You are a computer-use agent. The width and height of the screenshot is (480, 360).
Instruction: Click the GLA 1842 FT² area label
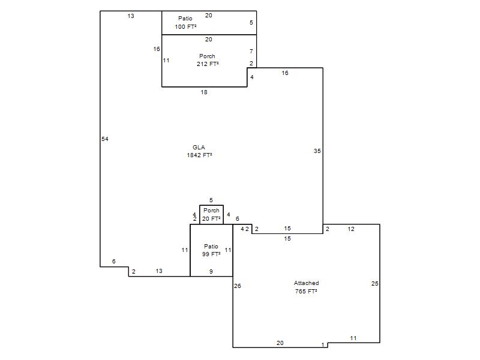[199, 151]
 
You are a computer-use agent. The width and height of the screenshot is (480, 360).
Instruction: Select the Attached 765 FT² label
[306, 287]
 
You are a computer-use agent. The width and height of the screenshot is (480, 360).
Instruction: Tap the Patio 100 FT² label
[185, 23]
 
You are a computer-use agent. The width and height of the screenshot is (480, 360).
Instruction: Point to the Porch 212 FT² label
[208, 60]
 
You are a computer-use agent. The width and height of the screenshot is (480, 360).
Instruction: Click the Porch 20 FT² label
[211, 215]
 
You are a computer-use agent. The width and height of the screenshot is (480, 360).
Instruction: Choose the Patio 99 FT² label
[211, 250]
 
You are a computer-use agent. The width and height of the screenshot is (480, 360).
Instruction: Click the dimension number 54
[105, 139]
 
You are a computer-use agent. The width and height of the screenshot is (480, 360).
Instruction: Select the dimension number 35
[317, 151]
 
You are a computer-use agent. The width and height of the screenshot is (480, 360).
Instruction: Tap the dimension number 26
[238, 286]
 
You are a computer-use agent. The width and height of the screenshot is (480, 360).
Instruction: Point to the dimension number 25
[374, 283]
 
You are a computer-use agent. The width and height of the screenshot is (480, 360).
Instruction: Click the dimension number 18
[204, 92]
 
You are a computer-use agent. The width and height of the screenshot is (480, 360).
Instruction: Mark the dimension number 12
[351, 229]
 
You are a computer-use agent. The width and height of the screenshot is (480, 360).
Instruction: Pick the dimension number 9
[211, 272]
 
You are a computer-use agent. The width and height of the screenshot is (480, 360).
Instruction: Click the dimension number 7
[251, 52]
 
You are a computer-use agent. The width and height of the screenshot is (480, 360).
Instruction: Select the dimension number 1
[323, 345]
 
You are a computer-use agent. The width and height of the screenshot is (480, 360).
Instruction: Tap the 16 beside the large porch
[157, 49]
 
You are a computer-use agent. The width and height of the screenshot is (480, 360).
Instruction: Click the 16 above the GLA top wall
[285, 73]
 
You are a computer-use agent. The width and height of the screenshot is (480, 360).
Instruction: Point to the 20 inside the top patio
[208, 16]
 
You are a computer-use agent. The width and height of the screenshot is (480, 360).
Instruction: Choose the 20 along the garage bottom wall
[280, 343]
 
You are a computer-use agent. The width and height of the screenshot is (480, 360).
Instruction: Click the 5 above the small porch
[211, 200]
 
